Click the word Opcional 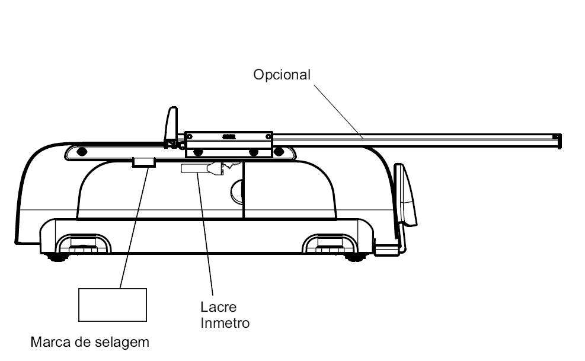(x=282, y=75)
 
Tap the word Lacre (x=218, y=307)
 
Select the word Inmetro (x=225, y=323)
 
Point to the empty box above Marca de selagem (x=113, y=305)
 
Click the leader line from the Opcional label (x=338, y=111)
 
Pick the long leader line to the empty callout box (x=135, y=228)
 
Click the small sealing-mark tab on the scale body (x=143, y=162)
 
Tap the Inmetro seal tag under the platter (x=202, y=168)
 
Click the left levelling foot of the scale (x=58, y=257)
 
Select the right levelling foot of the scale (x=356, y=257)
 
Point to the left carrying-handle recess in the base (x=83, y=244)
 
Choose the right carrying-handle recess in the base (x=330, y=244)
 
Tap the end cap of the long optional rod (x=557, y=141)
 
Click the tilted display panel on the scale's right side (x=405, y=195)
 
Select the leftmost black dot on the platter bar (x=82, y=152)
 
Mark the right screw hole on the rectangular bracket (x=268, y=137)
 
